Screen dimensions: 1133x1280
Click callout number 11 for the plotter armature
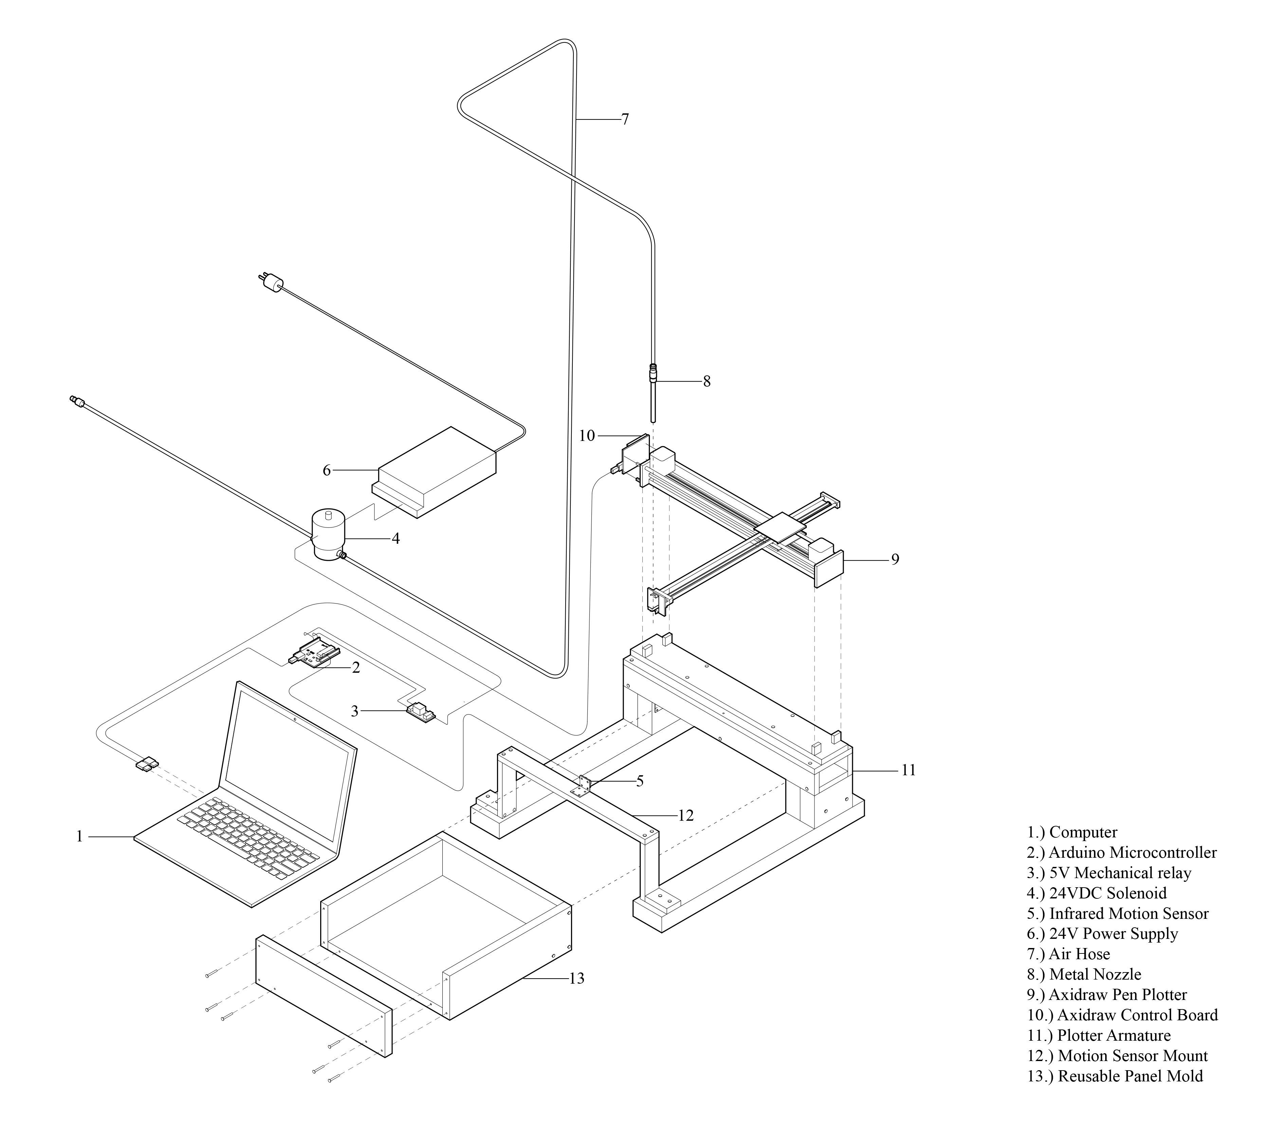(x=908, y=770)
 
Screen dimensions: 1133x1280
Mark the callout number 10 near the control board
(x=586, y=436)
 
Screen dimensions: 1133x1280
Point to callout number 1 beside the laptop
(x=79, y=836)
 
